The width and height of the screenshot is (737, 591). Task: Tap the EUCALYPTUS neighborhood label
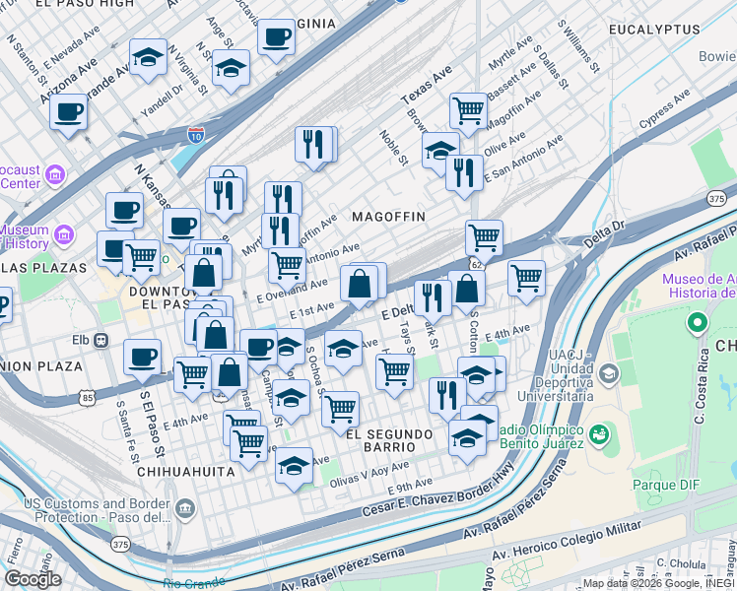click(654, 32)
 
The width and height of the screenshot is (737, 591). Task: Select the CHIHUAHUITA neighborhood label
click(187, 472)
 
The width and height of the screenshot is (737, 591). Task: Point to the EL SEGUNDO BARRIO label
click(389, 442)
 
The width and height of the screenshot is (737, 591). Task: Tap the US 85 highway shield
click(89, 398)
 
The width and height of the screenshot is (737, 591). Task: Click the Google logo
click(32, 579)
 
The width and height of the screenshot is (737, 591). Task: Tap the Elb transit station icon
click(100, 341)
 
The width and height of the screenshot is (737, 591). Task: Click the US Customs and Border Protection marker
click(186, 508)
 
